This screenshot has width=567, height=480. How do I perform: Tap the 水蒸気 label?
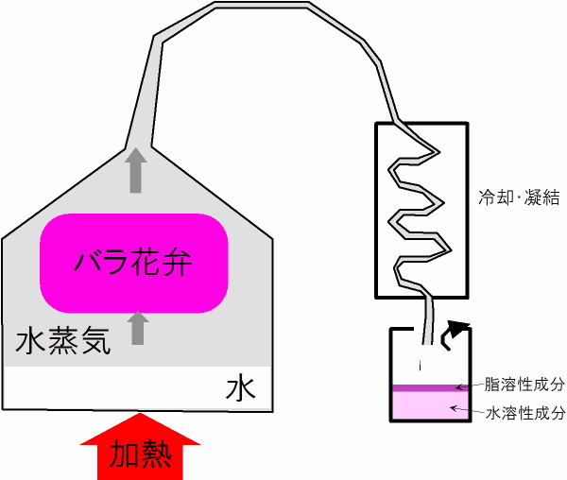tap(62, 341)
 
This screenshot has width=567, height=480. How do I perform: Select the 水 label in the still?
tap(240, 389)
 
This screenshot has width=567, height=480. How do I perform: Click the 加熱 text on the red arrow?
tap(140, 454)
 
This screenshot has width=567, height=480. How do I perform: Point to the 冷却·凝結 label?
tap(519, 197)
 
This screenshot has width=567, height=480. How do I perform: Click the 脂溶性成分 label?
tap(524, 385)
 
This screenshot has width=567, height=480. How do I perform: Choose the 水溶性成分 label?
tap(525, 413)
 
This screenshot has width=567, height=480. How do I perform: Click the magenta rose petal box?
tap(134, 263)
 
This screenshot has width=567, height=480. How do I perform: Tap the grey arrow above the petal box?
tap(136, 170)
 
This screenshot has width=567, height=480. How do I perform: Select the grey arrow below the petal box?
tap(138, 328)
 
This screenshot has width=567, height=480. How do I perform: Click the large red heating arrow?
tap(140, 447)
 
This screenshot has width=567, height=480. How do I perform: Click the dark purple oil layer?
tap(430, 388)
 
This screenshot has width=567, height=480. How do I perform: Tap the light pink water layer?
tap(430, 405)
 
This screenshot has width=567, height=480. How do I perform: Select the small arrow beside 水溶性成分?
tap(467, 410)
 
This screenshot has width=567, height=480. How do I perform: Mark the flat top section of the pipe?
tap(261, 5)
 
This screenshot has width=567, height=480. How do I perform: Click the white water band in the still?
tap(137, 388)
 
